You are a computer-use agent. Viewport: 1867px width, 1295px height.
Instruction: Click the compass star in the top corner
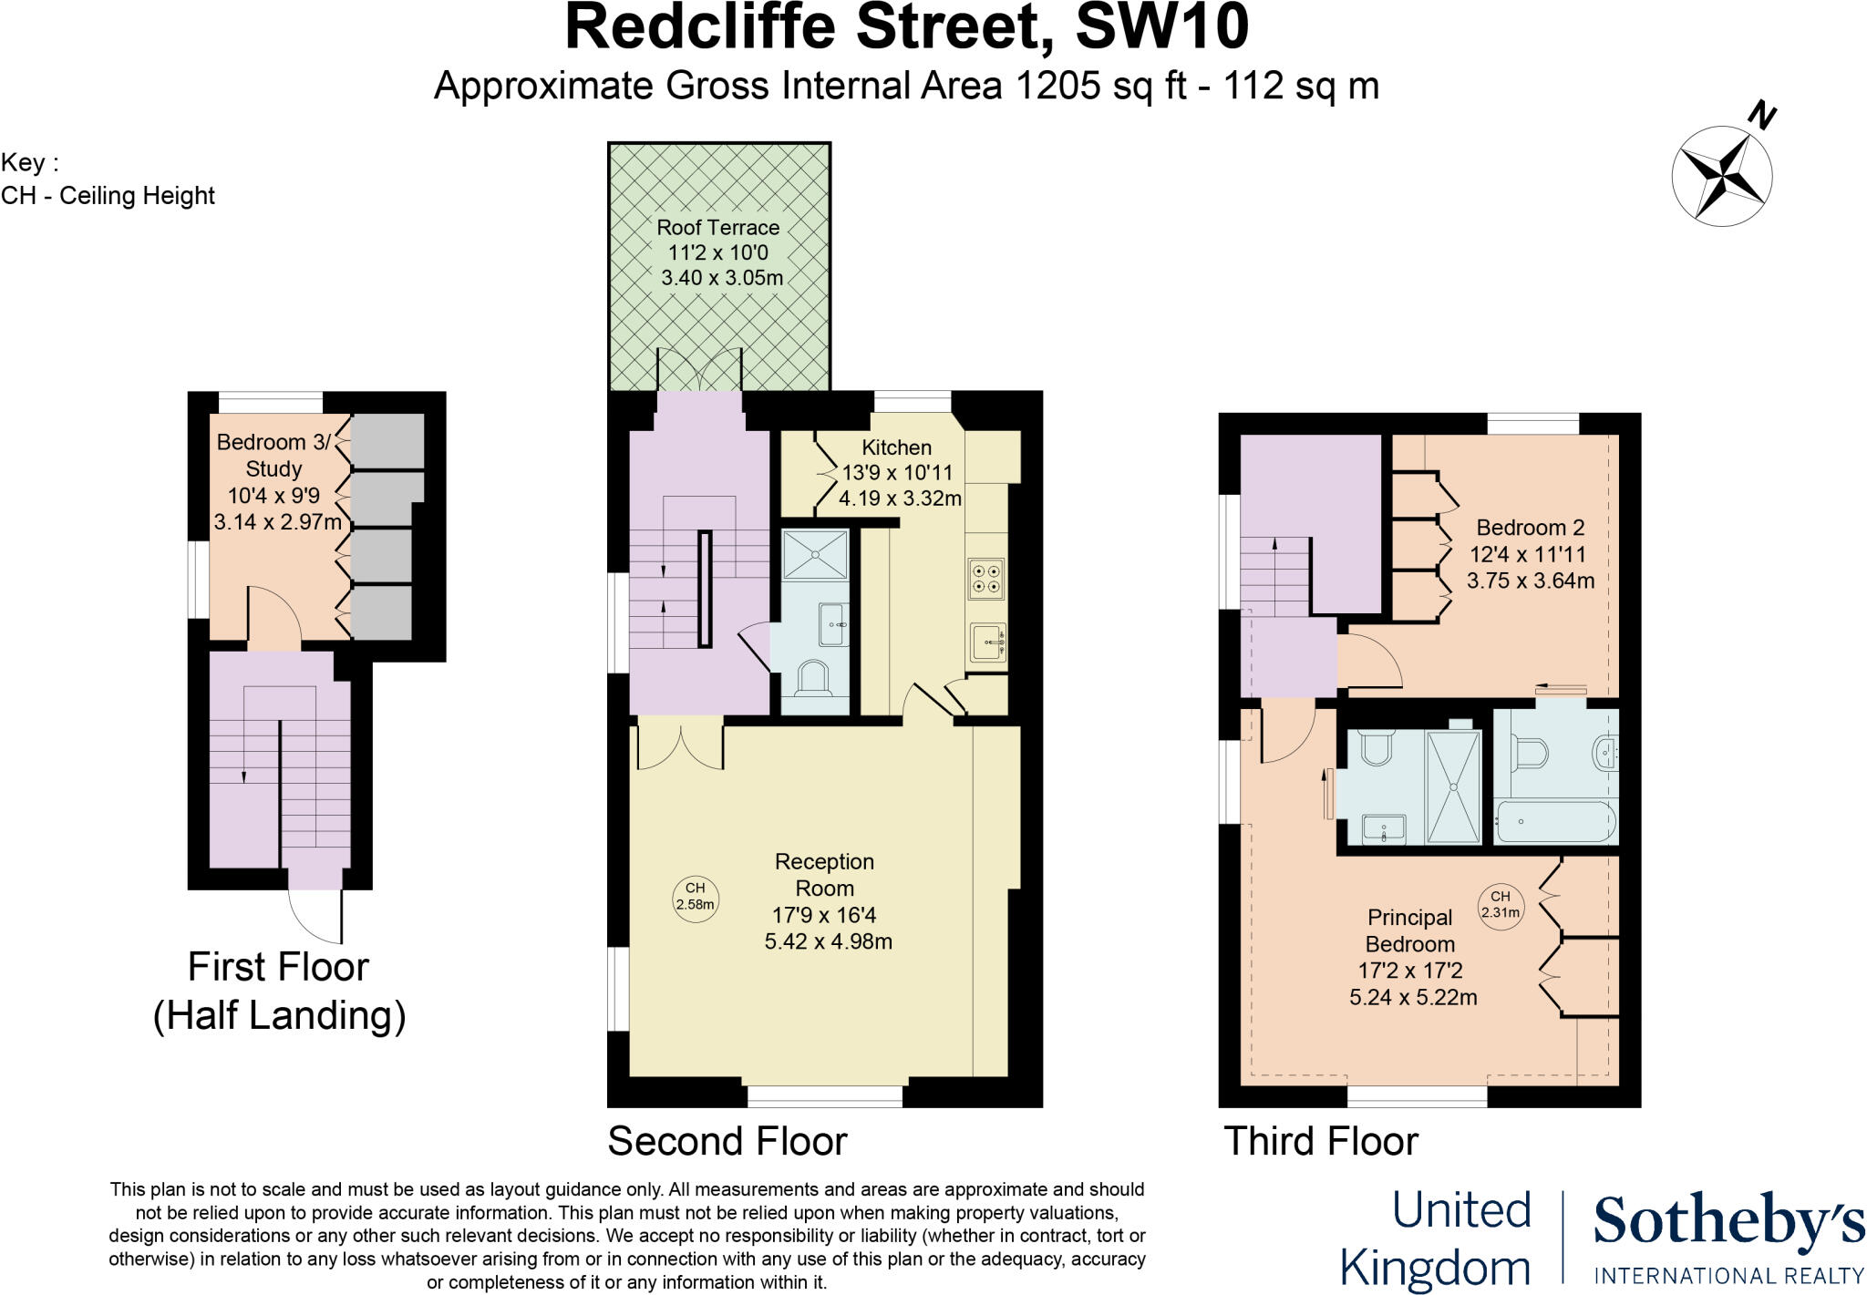point(1721,176)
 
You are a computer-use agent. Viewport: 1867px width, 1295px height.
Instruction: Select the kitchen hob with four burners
point(986,578)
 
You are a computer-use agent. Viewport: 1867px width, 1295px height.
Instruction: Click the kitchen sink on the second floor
point(987,642)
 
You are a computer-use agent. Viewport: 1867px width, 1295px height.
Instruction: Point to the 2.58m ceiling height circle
point(695,897)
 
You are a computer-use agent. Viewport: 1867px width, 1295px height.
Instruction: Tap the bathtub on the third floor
point(1554,822)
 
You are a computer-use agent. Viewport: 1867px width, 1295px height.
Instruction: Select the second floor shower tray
point(814,553)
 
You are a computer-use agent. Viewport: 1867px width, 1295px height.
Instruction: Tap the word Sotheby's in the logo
point(1728,1221)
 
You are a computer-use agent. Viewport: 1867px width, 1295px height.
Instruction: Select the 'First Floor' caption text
point(278,967)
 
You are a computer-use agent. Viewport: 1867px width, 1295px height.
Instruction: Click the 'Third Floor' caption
point(1321,1141)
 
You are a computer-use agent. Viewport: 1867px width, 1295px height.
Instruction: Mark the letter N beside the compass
point(1762,116)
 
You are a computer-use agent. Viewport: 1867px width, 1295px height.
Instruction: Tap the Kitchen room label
point(896,447)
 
